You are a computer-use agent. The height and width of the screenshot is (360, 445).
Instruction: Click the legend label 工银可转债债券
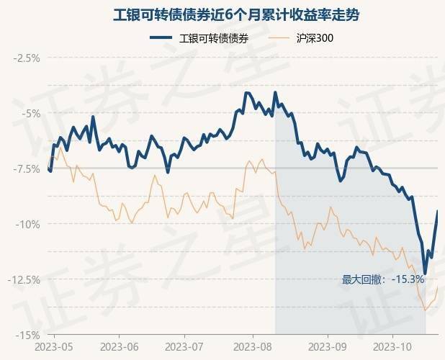click(214, 38)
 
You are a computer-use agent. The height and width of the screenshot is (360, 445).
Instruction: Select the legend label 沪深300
click(315, 38)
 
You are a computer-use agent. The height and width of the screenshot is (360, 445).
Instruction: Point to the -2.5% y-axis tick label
click(26, 58)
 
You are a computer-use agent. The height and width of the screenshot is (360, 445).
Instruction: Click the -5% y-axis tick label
click(30, 113)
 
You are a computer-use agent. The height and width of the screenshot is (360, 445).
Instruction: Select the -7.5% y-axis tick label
click(26, 168)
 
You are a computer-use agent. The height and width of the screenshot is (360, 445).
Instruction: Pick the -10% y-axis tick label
click(28, 224)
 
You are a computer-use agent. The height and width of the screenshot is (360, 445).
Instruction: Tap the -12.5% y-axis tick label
click(24, 279)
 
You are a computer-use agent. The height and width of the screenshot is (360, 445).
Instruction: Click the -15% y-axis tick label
click(28, 335)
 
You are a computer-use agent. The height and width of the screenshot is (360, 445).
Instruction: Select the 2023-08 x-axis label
click(253, 347)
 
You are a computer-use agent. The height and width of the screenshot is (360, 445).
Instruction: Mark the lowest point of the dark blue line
click(425, 274)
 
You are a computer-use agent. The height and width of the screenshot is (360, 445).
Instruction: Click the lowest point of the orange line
click(426, 310)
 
